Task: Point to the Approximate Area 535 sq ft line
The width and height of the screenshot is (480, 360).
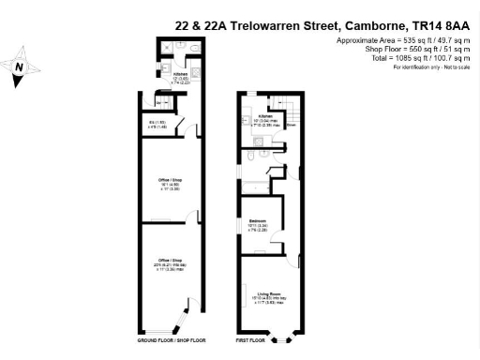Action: pyautogui.click(x=404, y=42)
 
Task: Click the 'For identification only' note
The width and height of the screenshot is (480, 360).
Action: pyautogui.click(x=431, y=67)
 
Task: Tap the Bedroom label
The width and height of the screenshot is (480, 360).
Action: pyautogui.click(x=257, y=223)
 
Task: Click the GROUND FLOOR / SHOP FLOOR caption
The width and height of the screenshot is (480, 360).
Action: pyautogui.click(x=172, y=339)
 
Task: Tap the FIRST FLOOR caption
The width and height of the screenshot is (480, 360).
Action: pyautogui.click(x=250, y=339)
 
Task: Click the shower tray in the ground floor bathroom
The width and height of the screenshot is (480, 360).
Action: pyautogui.click(x=166, y=47)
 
